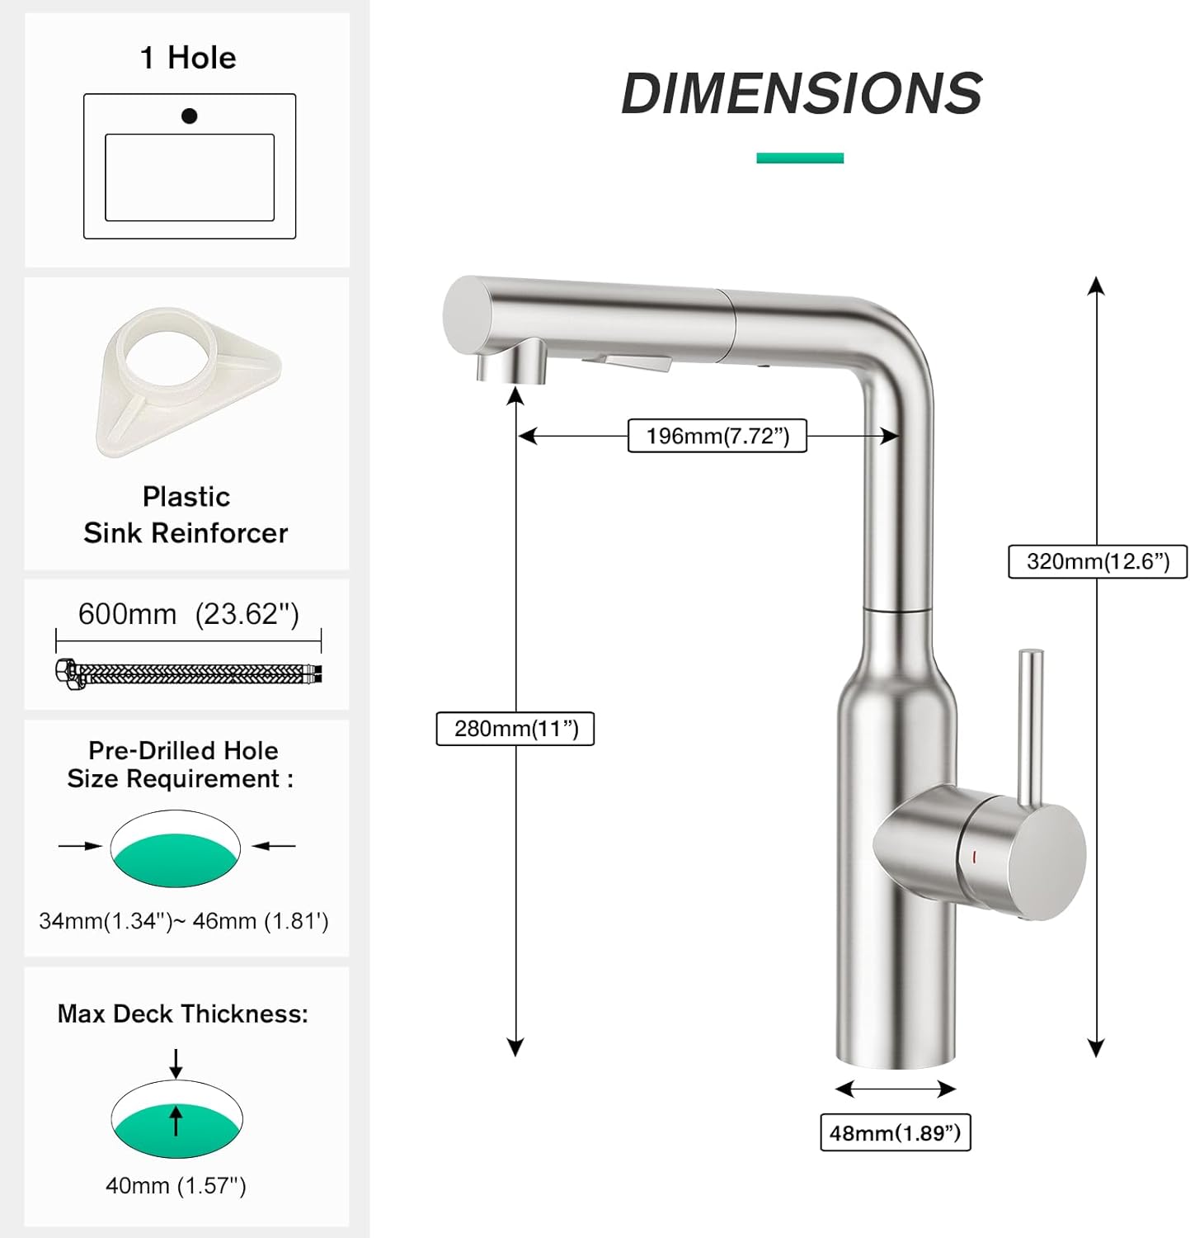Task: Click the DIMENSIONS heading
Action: pos(802,92)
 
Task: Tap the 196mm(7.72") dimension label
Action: pos(717,436)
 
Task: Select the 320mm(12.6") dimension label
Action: pos(1098,561)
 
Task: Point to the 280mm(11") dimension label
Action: pos(515,728)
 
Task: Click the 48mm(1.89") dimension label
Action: pos(895,1132)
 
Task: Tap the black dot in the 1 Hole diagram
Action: pos(190,116)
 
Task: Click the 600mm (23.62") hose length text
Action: pos(189,614)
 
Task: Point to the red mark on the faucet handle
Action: pos(975,858)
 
